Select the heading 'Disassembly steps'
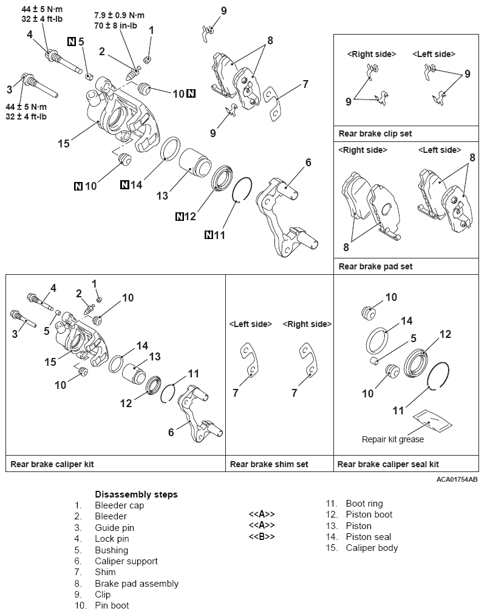pyautogui.click(x=136, y=494)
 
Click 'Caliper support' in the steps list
pyautogui.click(x=126, y=561)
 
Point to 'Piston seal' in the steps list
pyautogui.click(x=368, y=536)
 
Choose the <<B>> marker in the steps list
pyautogui.click(x=262, y=536)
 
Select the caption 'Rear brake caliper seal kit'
pyautogui.click(x=388, y=464)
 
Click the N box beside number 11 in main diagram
pyautogui.click(x=209, y=234)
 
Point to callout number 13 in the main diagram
pyautogui.click(x=162, y=195)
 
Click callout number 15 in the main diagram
pyautogui.click(x=64, y=144)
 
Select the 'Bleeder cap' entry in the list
pyautogui.click(x=119, y=505)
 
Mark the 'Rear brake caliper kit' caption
pyautogui.click(x=52, y=464)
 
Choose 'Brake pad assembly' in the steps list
pyautogui.click(x=137, y=584)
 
